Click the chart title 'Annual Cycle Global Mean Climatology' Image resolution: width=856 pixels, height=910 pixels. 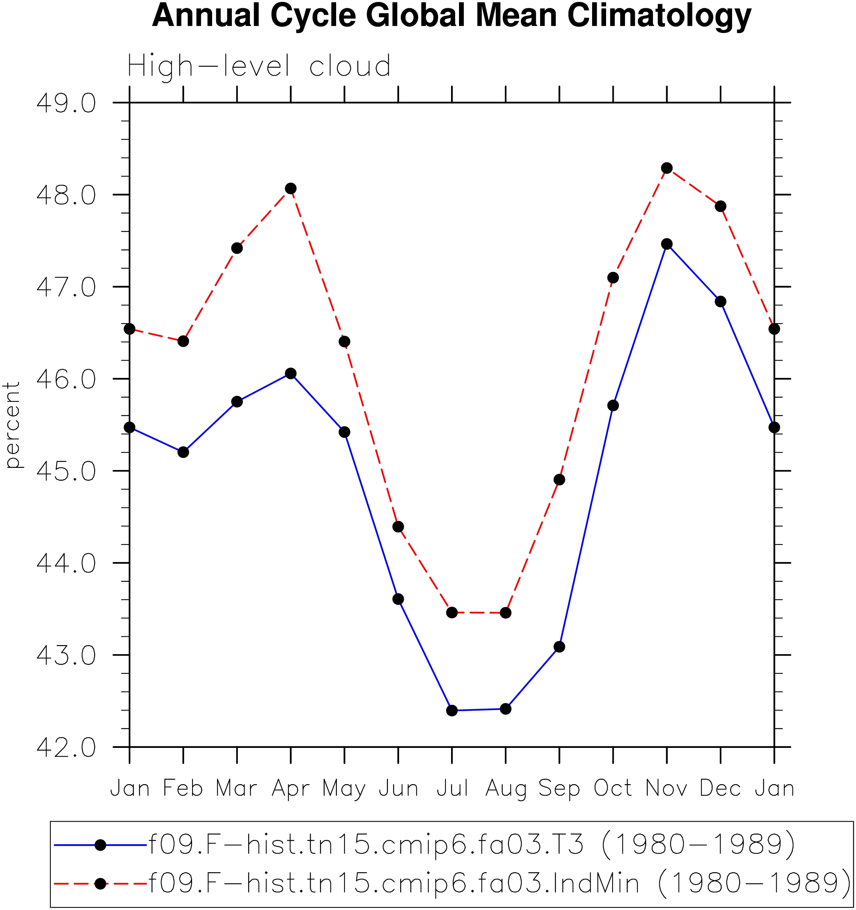[451, 16]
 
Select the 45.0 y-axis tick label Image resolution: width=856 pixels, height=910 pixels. [66, 471]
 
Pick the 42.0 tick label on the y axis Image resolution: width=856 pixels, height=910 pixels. [66, 747]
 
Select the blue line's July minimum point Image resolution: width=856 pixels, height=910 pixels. [452, 710]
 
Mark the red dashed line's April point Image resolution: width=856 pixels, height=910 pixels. [290, 189]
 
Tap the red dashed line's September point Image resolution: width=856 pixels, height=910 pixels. [559, 480]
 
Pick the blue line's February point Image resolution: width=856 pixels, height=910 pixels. [183, 452]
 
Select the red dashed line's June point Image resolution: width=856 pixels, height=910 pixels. [399, 526]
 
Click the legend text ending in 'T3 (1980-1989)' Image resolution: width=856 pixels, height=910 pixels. [472, 845]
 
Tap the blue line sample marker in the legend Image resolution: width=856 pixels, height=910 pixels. [100, 845]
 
